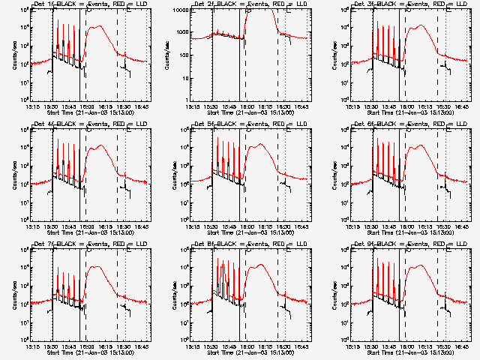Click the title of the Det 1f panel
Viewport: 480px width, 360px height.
(x=88, y=4)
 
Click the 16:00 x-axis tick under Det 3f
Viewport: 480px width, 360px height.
(x=408, y=107)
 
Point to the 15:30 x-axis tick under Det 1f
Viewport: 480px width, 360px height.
(x=52, y=107)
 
